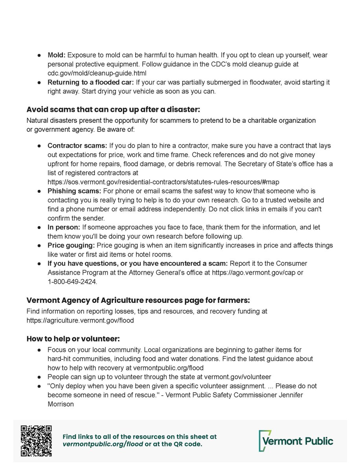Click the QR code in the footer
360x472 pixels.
click(36, 441)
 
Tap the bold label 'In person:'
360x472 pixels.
click(64, 227)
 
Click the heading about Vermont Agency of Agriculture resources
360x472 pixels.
click(138, 301)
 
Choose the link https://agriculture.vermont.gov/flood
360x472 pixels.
click(80, 320)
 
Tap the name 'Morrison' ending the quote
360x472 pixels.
click(61, 404)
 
